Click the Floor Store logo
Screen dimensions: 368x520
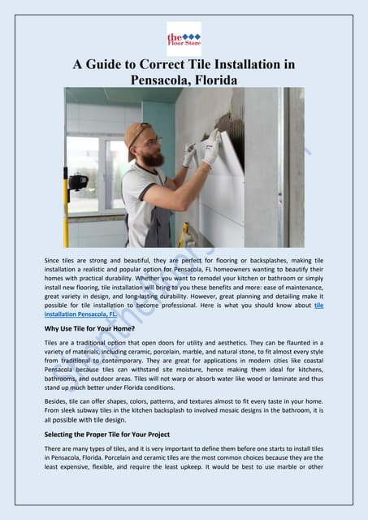tap(184, 38)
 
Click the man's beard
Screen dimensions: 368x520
tap(153, 157)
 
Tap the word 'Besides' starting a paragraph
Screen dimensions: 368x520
tap(58, 401)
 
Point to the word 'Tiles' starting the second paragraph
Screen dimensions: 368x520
tap(52, 344)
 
